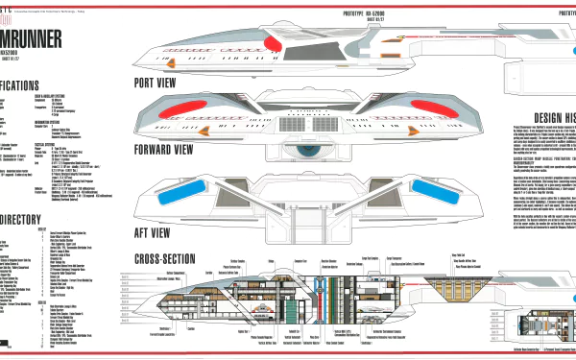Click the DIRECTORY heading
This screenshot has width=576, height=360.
(x=29, y=220)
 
